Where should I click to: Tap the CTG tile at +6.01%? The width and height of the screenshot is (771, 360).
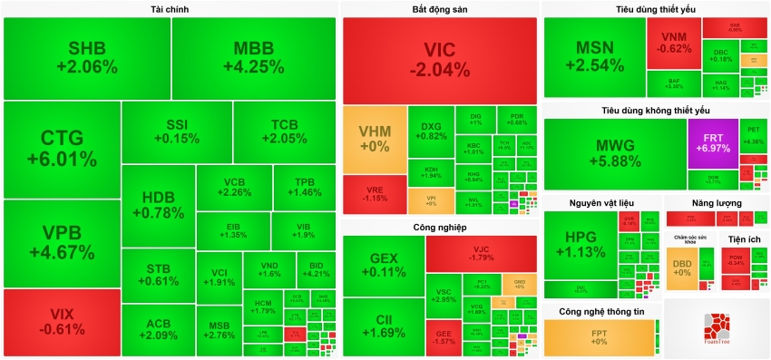[62, 149]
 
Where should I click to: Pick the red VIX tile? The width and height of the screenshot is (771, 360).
[62, 322]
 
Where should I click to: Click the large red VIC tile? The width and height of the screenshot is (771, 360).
[439, 60]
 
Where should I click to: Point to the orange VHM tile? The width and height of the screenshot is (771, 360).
[374, 139]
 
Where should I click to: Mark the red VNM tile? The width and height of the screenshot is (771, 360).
[673, 44]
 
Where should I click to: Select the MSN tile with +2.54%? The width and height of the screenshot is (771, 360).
[594, 57]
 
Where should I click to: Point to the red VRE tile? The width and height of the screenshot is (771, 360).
[374, 193]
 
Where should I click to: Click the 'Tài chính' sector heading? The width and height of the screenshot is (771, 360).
[170, 9]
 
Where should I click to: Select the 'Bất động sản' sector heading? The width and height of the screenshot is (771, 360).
[439, 9]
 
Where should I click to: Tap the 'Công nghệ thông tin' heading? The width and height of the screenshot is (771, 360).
[601, 311]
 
